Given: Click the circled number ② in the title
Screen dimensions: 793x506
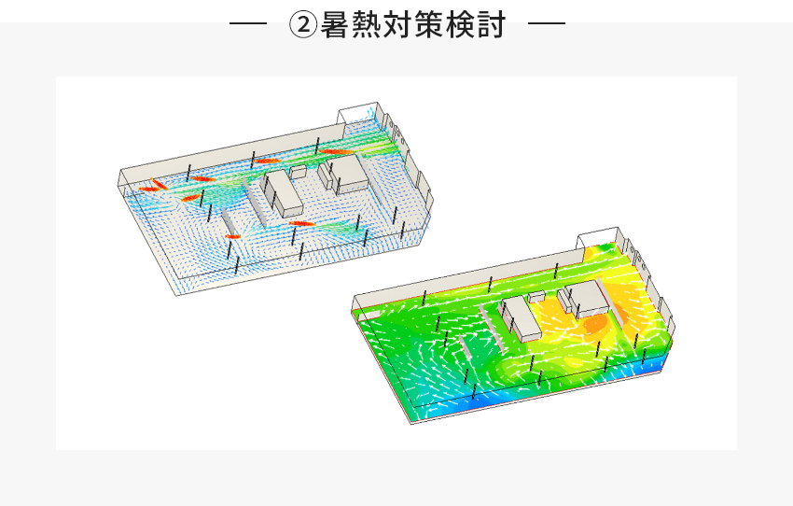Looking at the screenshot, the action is click(303, 24).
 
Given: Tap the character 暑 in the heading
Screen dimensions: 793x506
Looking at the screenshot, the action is click(336, 24).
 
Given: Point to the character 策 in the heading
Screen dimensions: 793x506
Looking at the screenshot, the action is click(429, 24).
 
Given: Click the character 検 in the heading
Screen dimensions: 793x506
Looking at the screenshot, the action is click(460, 24).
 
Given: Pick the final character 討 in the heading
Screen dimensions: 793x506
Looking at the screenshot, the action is click(491, 24).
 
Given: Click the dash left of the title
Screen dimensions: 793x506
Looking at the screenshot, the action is click(248, 22).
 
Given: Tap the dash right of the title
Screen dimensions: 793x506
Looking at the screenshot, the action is click(547, 22).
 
